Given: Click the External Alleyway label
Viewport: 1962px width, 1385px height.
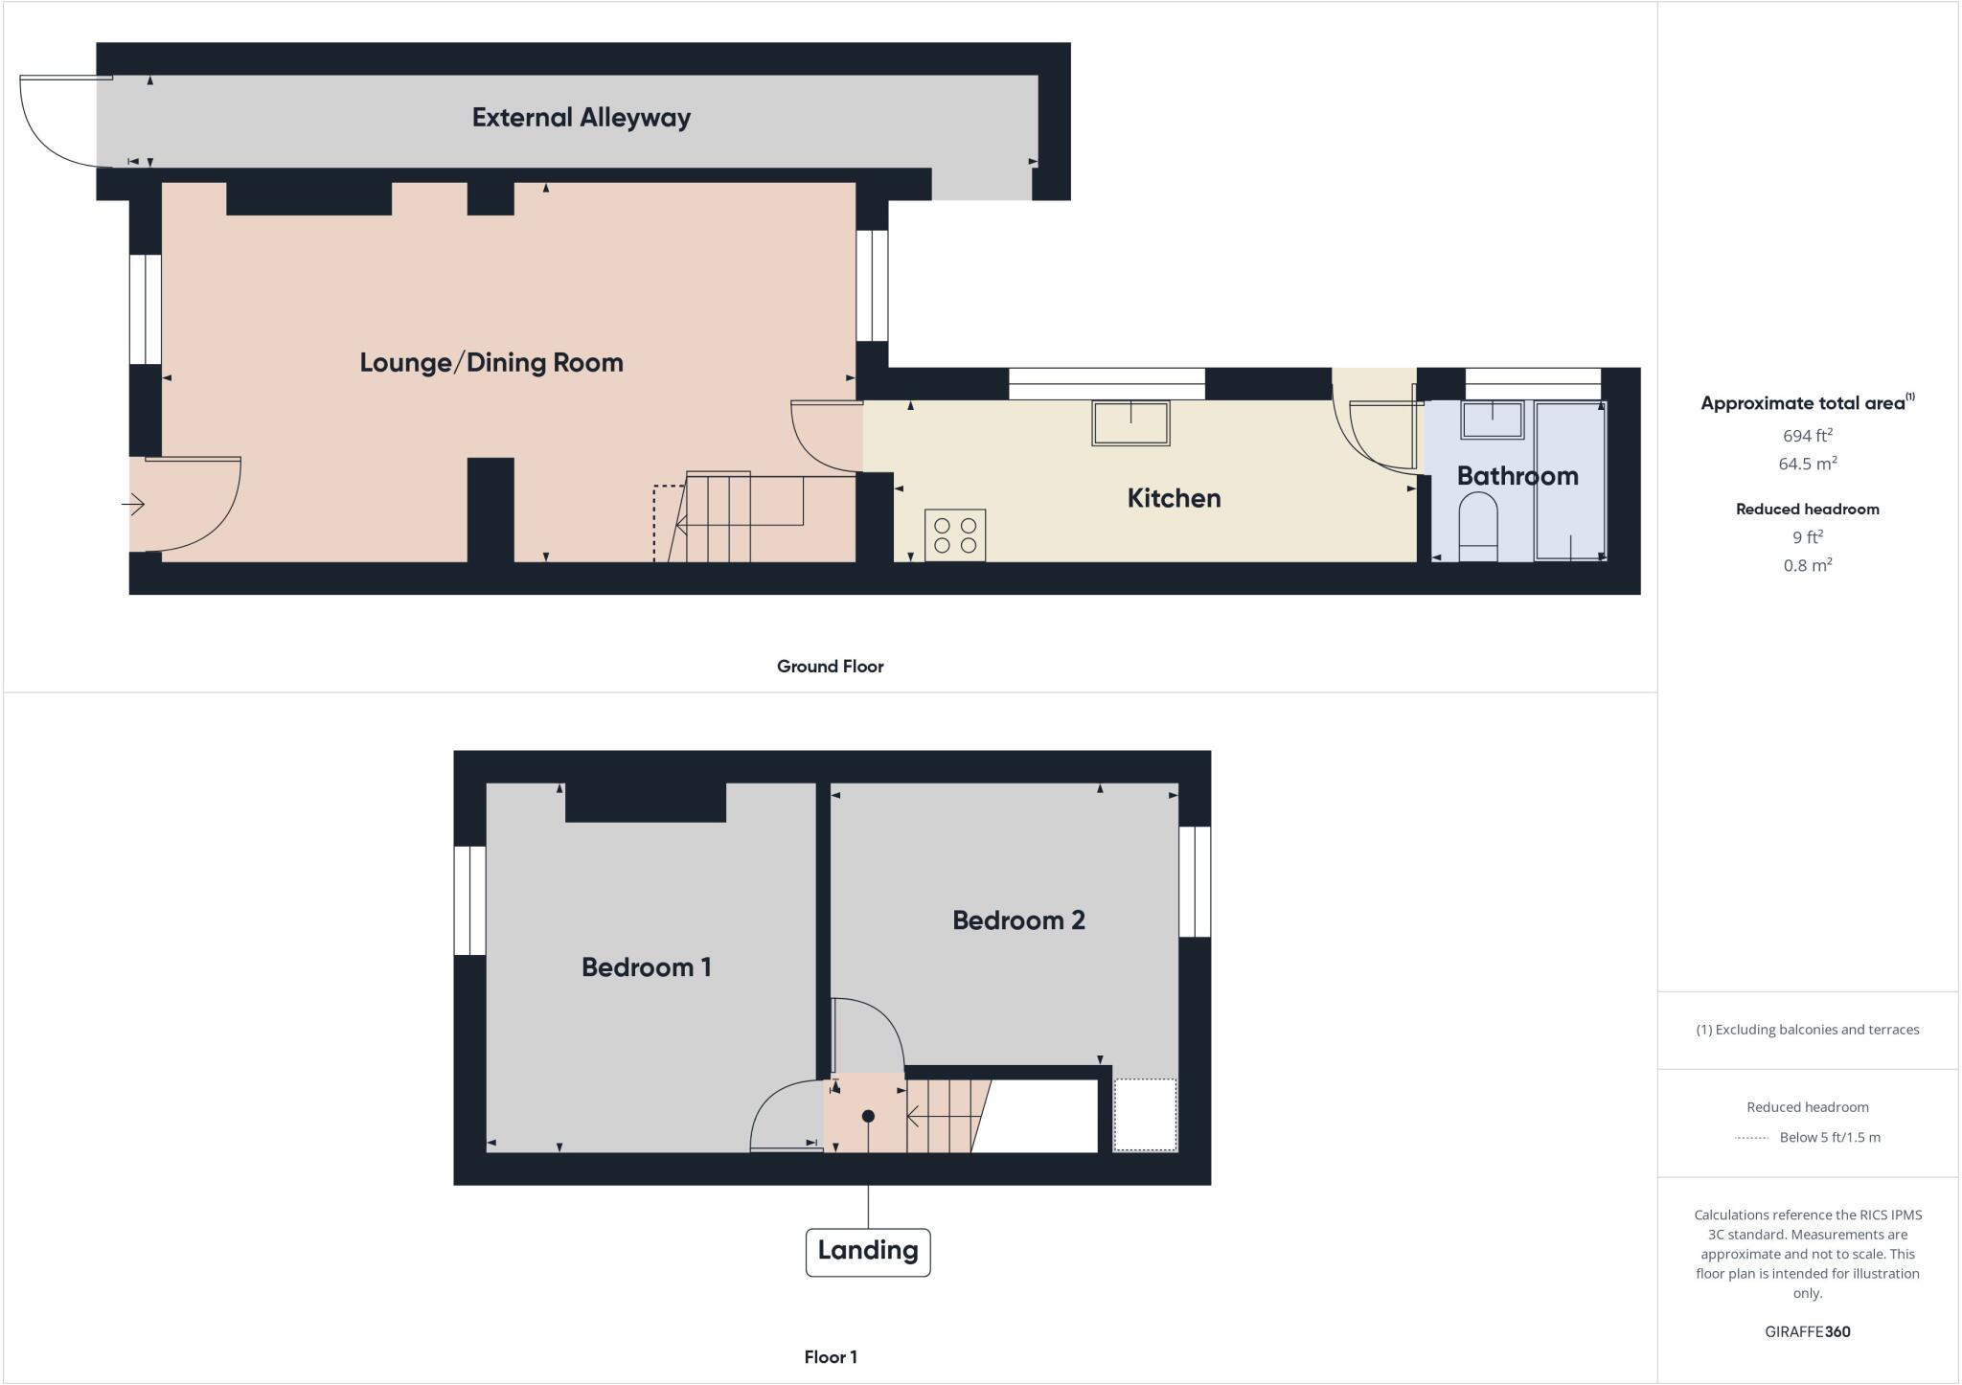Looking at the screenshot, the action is (x=582, y=118).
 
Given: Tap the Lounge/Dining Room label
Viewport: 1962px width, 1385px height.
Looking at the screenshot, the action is (x=491, y=362).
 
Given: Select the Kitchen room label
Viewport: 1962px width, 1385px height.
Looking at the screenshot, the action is (x=1174, y=498).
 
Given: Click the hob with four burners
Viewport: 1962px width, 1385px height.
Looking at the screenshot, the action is (x=955, y=535).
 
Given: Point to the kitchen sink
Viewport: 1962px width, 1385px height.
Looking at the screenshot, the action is (x=1130, y=422).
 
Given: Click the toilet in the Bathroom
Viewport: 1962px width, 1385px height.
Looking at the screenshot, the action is (x=1477, y=528).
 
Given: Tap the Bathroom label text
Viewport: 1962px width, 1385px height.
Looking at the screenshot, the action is (x=1517, y=476).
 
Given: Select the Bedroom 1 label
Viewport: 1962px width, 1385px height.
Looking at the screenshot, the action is (x=647, y=967).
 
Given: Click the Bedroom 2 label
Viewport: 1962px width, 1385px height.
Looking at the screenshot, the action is (x=1018, y=920).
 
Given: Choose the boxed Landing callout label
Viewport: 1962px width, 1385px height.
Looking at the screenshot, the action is (x=868, y=1252).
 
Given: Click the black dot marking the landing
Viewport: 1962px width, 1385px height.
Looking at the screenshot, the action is (x=868, y=1116).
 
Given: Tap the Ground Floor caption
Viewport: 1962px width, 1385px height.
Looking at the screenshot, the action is (x=830, y=667).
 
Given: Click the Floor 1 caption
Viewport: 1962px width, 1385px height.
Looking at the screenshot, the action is (x=831, y=1357).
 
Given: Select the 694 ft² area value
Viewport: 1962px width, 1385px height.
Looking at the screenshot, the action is (x=1808, y=435).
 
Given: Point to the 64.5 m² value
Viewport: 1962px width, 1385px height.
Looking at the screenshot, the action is (x=1808, y=464).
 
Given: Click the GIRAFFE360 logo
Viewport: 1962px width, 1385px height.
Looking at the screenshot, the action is (x=1808, y=1331).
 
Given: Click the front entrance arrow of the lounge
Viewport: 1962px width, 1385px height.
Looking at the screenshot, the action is (x=133, y=504).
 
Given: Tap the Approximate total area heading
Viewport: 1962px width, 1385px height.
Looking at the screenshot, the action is (x=1808, y=403).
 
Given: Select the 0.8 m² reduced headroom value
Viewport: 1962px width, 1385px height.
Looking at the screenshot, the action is (x=1808, y=565).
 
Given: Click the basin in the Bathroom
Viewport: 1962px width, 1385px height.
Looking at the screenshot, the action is (x=1492, y=420).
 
